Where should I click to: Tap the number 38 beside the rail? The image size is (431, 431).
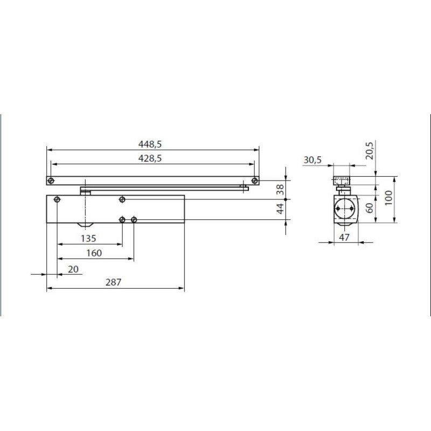click(x=280, y=189)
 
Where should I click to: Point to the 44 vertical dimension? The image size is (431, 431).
click(x=280, y=210)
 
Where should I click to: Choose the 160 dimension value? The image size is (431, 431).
click(x=94, y=253)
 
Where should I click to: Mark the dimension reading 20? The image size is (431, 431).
click(x=73, y=268)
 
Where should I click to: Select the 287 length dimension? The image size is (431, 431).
click(x=114, y=282)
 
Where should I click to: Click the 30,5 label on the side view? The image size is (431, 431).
click(x=312, y=160)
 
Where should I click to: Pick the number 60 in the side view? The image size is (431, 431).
click(x=370, y=207)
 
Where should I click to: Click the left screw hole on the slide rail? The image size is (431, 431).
click(x=50, y=180)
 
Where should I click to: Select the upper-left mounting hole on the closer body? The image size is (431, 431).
click(x=58, y=200)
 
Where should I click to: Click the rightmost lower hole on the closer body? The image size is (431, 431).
click(x=134, y=219)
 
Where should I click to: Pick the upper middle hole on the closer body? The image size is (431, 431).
click(x=122, y=200)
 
